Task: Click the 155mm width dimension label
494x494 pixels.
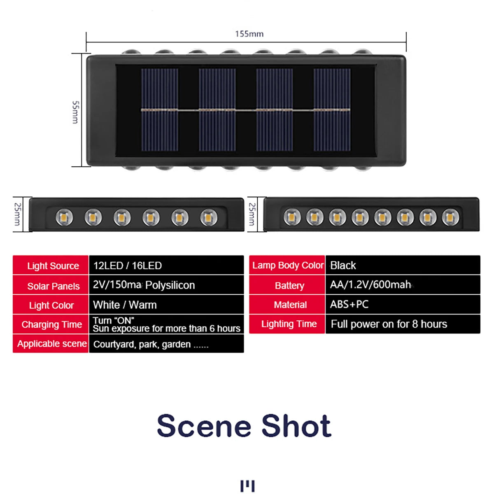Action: pyautogui.click(x=249, y=34)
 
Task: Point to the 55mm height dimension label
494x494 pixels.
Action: pyautogui.click(x=75, y=112)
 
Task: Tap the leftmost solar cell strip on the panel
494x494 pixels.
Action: pyautogui.click(x=160, y=110)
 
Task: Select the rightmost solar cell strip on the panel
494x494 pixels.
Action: pyautogui.click(x=332, y=110)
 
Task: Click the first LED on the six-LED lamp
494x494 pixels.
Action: pyautogui.click(x=64, y=217)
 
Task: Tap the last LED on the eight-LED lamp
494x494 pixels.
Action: pyautogui.click(x=450, y=217)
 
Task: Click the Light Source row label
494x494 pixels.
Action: pyautogui.click(x=53, y=266)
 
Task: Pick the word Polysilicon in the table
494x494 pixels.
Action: pyautogui.click(x=170, y=285)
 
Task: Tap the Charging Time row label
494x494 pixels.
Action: pyautogui.click(x=51, y=324)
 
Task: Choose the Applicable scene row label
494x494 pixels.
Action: pyautogui.click(x=51, y=344)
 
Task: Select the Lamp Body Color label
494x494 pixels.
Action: pyautogui.click(x=287, y=266)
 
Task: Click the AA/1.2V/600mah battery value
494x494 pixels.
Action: pyautogui.click(x=370, y=285)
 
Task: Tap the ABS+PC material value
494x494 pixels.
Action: pyautogui.click(x=349, y=305)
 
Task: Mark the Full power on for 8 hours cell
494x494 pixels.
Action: pyautogui.click(x=389, y=324)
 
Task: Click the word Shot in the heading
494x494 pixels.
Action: pyautogui.click(x=296, y=426)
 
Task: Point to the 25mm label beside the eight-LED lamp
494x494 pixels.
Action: pyautogui.click(x=252, y=214)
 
